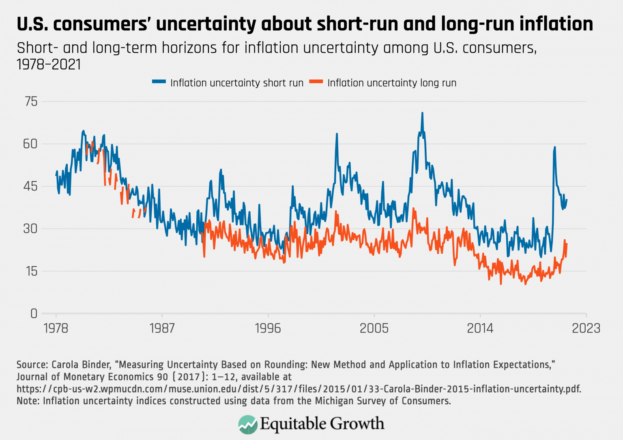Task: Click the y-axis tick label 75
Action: (31, 101)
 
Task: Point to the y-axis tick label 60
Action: (30, 144)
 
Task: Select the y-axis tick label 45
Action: (30, 186)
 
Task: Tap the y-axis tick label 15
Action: (31, 271)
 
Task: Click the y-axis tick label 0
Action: (34, 313)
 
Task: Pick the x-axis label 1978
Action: (56, 328)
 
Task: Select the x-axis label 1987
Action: (162, 328)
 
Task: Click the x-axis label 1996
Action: (268, 328)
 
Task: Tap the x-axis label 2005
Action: (374, 328)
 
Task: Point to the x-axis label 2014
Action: (480, 328)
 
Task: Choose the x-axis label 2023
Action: (586, 328)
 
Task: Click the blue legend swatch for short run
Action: (159, 82)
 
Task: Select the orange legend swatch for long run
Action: (316, 82)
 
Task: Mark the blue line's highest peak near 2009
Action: (422, 113)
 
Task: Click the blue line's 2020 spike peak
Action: (554, 147)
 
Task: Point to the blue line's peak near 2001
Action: (337, 134)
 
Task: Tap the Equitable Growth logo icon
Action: (248, 424)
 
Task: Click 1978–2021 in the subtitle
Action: (49, 65)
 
